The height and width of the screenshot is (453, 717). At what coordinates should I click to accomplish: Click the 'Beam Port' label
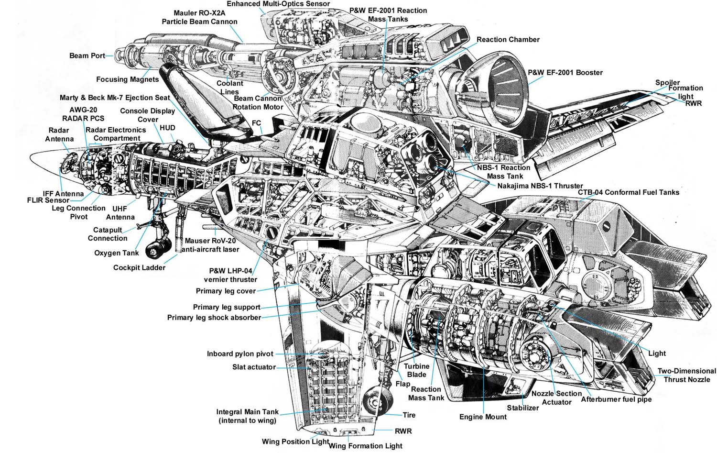click(87, 55)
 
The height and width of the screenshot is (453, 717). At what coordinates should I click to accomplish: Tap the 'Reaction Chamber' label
click(508, 40)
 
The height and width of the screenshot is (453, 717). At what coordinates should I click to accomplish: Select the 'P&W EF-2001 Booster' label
click(565, 73)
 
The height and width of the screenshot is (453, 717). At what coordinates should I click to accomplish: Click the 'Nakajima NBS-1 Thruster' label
click(540, 186)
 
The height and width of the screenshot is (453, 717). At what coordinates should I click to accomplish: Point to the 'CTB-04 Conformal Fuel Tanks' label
click(628, 192)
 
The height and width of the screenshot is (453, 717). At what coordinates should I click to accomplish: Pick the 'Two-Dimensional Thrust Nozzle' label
click(686, 375)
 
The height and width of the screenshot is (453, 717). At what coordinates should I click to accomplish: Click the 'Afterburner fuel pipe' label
click(616, 399)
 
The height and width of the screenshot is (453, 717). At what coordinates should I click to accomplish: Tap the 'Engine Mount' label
click(483, 417)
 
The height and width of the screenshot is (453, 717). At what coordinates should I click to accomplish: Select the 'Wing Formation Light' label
click(366, 446)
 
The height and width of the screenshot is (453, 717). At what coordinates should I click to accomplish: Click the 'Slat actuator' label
click(254, 367)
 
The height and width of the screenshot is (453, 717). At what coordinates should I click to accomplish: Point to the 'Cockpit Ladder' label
click(139, 267)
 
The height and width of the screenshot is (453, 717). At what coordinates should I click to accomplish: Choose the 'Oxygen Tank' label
click(116, 253)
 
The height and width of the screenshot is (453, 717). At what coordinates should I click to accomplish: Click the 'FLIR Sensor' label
click(48, 200)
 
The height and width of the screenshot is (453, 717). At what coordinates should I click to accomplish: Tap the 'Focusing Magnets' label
click(127, 79)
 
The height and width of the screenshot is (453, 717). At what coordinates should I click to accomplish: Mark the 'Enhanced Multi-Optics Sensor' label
click(278, 4)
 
